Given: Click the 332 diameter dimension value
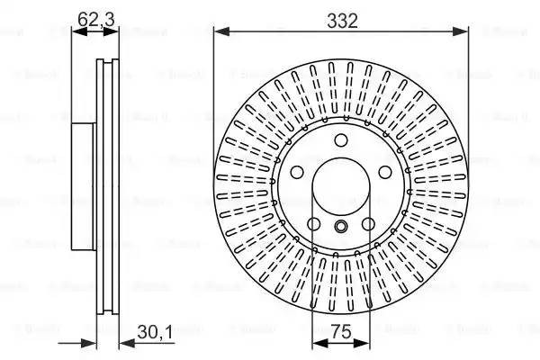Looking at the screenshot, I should click(343, 21).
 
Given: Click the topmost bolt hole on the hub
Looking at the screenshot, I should click(341, 140).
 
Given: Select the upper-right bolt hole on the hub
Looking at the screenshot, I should click(384, 172).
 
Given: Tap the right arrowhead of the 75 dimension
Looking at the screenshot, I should click(367, 342).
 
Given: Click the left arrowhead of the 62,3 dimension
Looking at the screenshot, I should click(76, 31).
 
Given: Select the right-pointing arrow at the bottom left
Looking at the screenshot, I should click(89, 342).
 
